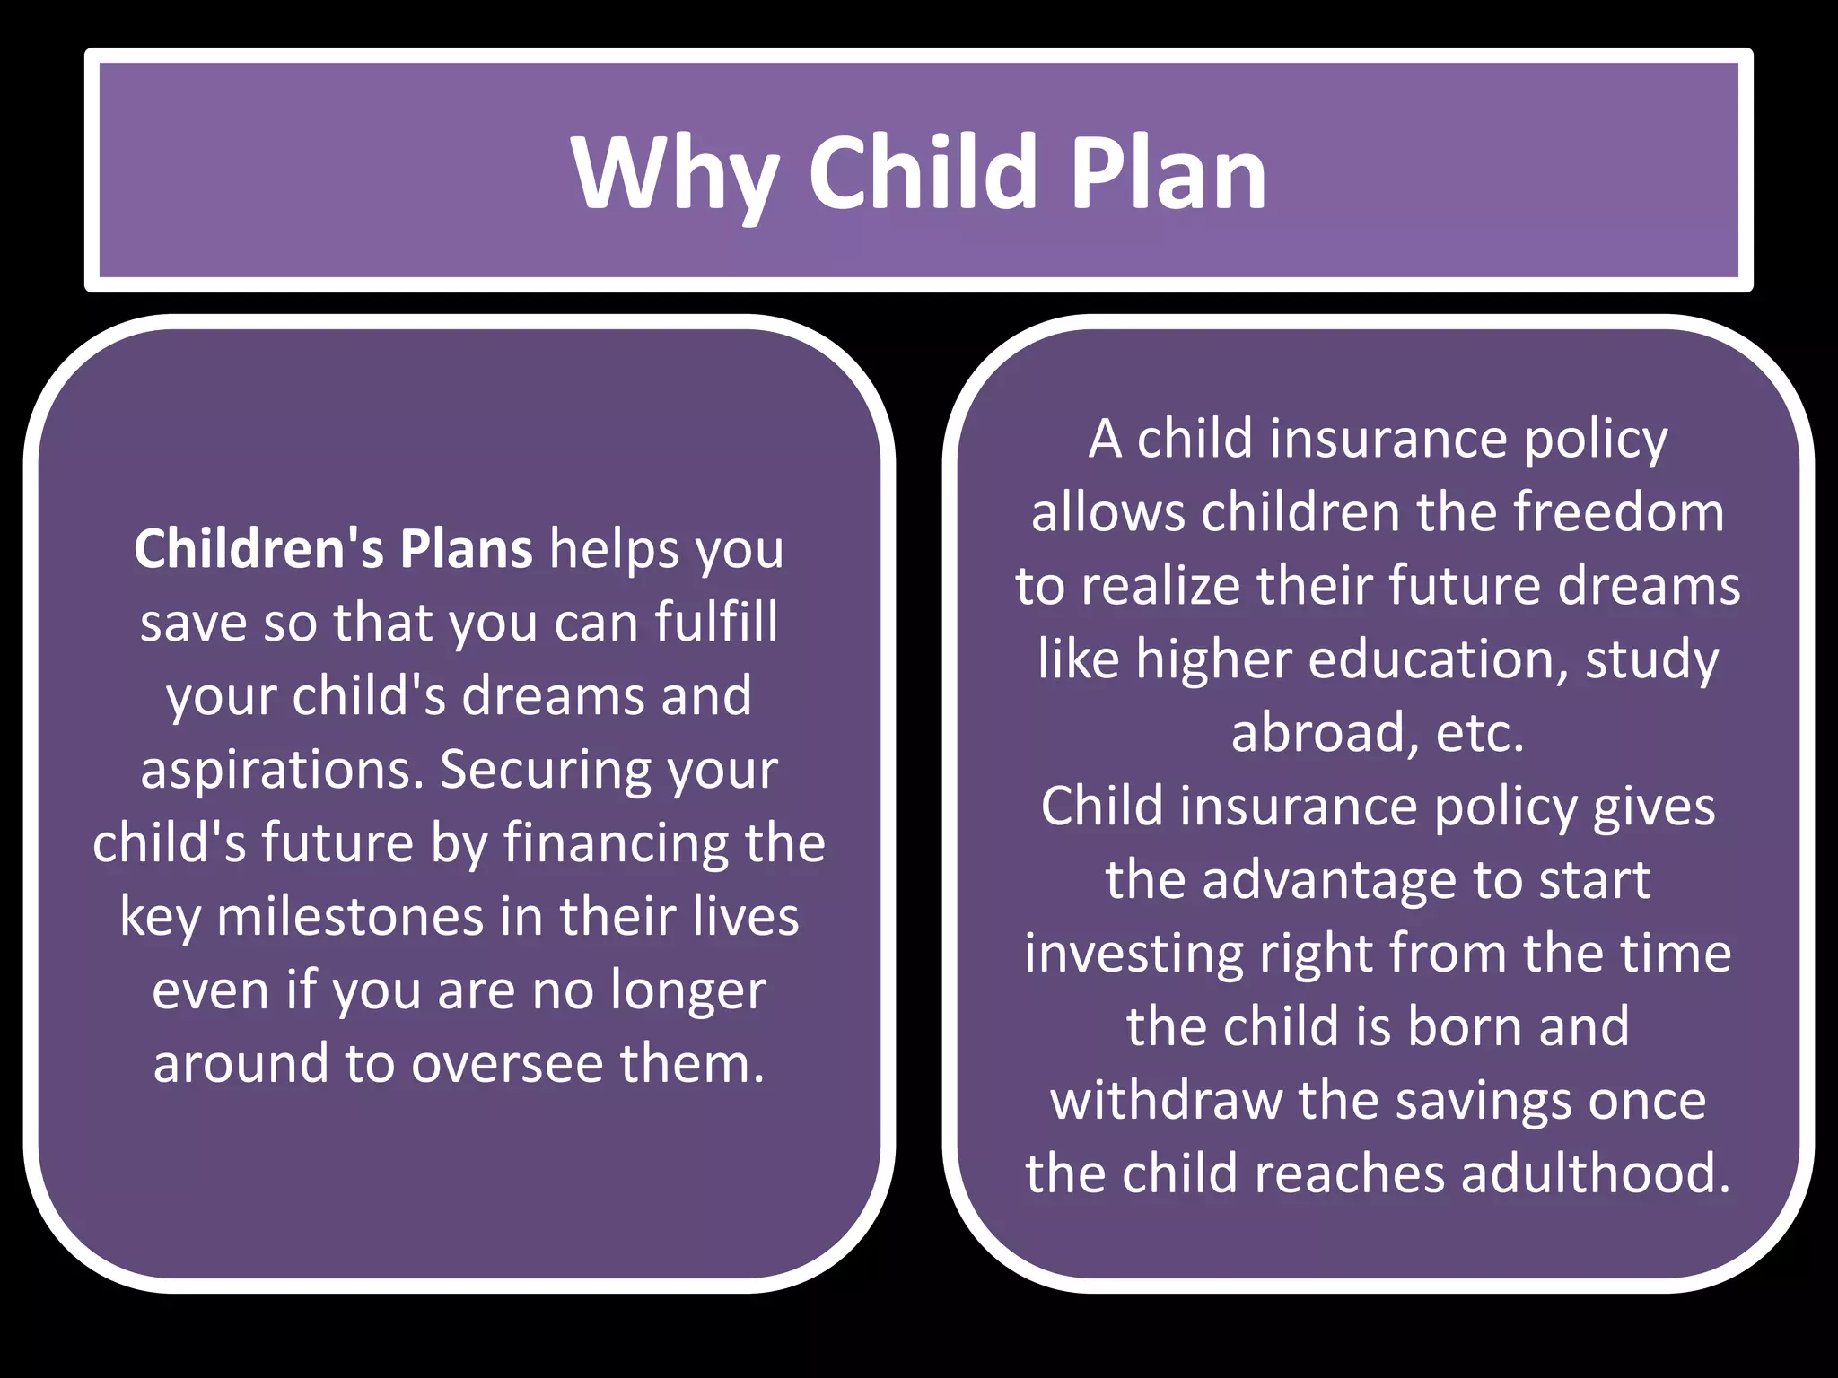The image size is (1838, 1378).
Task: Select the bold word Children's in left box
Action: [x=258, y=548]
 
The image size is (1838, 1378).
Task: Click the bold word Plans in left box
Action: [x=467, y=548]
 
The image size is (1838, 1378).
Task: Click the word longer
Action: [x=688, y=990]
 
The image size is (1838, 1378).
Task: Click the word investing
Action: [x=1133, y=954]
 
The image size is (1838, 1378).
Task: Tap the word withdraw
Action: [x=1167, y=1101]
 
